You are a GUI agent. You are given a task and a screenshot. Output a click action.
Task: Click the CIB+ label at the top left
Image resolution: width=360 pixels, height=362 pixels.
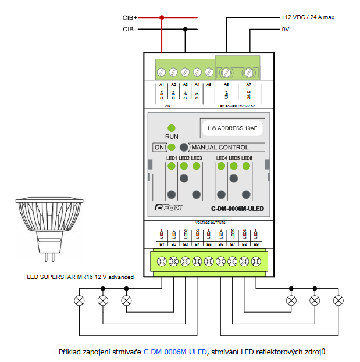[x=130, y=18]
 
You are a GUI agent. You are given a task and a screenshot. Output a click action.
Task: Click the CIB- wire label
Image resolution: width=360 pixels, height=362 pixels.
[x=130, y=29]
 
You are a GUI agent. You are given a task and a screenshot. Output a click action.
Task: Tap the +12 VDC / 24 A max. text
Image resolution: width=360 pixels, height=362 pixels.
[x=308, y=17]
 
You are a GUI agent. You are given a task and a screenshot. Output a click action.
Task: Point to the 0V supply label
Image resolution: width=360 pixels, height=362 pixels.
[x=286, y=29]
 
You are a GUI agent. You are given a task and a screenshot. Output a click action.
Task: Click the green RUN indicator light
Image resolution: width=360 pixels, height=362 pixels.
[x=172, y=128]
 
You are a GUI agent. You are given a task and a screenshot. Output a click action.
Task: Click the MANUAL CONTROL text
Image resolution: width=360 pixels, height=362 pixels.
[x=220, y=148]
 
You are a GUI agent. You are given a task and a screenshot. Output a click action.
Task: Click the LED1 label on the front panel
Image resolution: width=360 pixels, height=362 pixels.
[x=172, y=158]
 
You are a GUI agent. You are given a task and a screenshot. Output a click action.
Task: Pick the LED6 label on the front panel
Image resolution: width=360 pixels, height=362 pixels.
[x=247, y=158]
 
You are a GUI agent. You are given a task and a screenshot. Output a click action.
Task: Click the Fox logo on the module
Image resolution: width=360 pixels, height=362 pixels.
[x=168, y=208]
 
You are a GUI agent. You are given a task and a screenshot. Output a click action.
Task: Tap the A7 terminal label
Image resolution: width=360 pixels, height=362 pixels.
[x=248, y=85]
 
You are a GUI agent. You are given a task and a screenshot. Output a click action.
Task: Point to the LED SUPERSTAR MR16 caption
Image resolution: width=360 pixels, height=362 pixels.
[x=80, y=277]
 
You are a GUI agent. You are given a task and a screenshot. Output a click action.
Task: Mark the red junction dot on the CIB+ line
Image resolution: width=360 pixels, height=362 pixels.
[x=162, y=18]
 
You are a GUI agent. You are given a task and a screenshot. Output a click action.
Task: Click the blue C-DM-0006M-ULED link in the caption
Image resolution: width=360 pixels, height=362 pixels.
[x=175, y=351]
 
